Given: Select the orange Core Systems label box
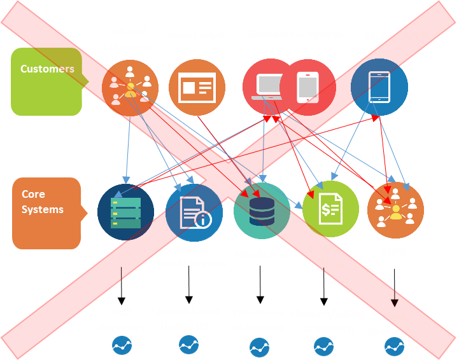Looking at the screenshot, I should point(46,212).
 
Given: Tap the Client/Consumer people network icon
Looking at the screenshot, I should point(131,87).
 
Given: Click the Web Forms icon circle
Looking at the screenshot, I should point(197,87).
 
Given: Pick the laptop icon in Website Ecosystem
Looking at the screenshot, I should point(266,87).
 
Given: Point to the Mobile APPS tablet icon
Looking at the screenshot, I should point(379,87).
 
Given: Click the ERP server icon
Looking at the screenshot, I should point(125,211).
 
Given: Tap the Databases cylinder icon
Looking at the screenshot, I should point(262,211).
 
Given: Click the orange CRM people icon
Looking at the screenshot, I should point(395,210).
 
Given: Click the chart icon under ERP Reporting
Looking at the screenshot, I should point(122,345).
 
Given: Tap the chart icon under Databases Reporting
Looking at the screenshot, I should point(259,347).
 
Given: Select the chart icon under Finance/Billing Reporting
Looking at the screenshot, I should point(324,346).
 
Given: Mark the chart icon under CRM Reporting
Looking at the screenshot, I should point(394,347).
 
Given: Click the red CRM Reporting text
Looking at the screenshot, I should point(393,324).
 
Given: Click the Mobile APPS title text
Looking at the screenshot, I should point(397,36).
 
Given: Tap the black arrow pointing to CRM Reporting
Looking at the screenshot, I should point(394,298).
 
